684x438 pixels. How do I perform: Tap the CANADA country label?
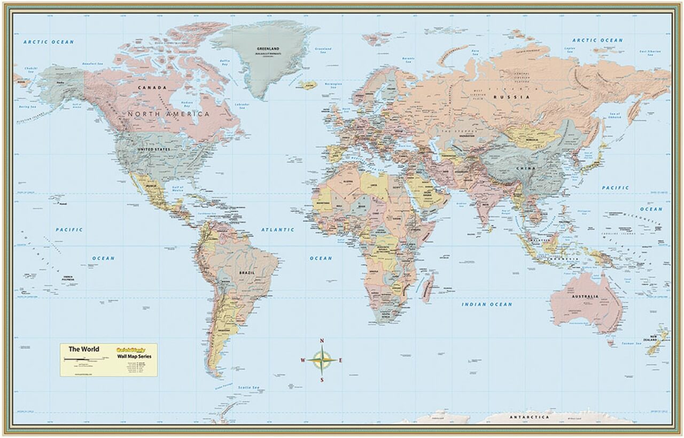click(152, 87)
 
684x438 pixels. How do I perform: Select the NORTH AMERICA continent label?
click(168, 114)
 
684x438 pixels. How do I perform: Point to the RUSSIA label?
click(504, 97)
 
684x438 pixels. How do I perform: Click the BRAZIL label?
click(247, 273)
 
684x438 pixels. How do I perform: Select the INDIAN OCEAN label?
click(487, 304)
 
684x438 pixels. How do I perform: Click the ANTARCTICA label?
click(528, 417)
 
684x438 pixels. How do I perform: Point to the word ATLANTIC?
click(278, 229)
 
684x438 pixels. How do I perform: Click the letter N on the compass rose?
click(322, 341)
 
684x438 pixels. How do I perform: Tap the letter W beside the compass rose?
click(303, 360)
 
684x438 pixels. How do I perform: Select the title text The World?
click(83, 349)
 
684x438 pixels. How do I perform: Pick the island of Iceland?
click(308, 85)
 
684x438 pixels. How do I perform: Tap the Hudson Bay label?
click(188, 103)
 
